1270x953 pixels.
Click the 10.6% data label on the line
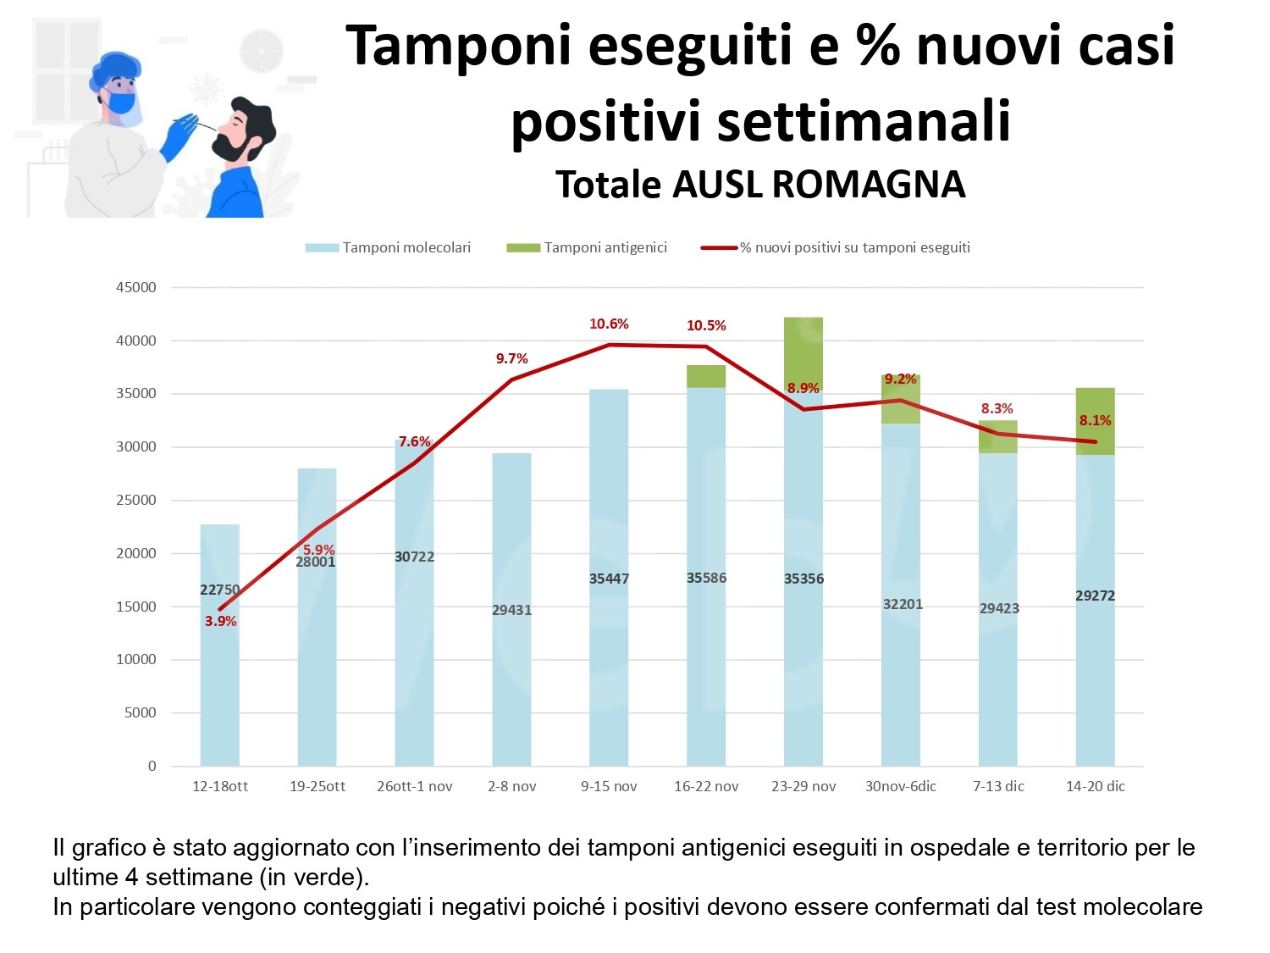pos(609,324)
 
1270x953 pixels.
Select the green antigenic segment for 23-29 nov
pos(803,347)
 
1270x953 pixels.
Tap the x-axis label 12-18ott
pos(220,786)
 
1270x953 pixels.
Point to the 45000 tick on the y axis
pos(136,287)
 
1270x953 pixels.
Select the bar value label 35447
pos(609,579)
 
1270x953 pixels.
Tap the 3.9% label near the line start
pos(220,621)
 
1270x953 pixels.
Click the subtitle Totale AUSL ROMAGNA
pos(759,185)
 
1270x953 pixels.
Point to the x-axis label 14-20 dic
pos(1095,786)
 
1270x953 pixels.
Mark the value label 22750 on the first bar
pos(219,590)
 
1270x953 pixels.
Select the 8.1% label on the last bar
pos(1095,420)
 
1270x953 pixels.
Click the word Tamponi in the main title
pos(458,47)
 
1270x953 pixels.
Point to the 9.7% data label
pos(511,358)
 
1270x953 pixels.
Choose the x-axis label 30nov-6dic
pos(900,786)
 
